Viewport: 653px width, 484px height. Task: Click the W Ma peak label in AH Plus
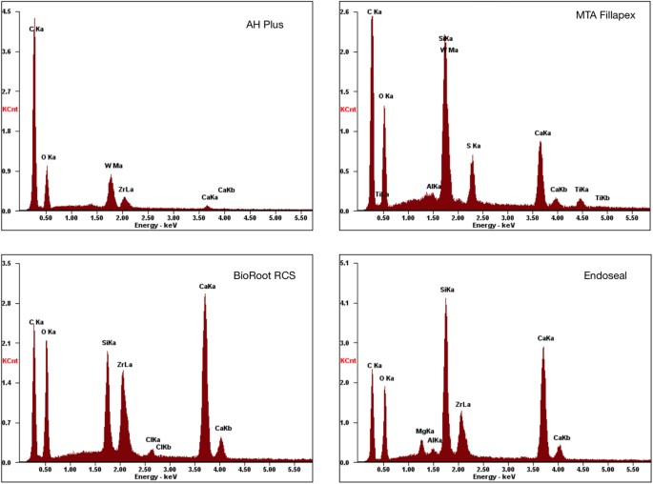coord(113,166)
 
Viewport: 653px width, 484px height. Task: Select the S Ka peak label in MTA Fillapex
coord(473,146)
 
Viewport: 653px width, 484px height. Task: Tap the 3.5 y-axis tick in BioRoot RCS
coord(8,261)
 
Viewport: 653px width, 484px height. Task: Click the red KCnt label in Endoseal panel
coord(349,361)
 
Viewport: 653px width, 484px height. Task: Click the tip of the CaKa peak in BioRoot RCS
coord(204,294)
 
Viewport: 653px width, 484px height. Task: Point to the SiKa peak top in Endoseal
coord(445,299)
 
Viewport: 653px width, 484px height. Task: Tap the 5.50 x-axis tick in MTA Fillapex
coord(630,218)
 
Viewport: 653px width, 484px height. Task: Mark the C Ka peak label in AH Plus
coord(36,29)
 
